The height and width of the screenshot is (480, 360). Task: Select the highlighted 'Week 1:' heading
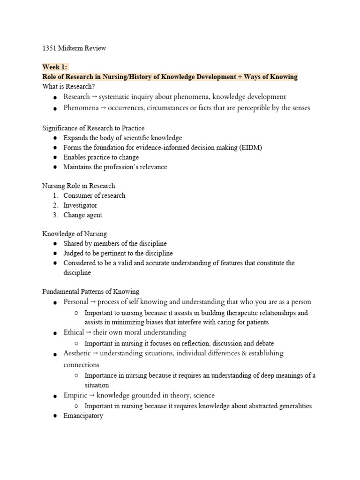coord(55,67)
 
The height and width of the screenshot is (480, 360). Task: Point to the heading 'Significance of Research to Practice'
coord(93,128)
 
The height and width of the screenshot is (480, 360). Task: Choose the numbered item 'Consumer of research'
coord(94,195)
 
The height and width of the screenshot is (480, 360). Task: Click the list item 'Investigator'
coord(80,205)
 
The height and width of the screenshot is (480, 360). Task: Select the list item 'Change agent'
coord(82,215)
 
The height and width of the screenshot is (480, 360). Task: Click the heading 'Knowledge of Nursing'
coord(75,234)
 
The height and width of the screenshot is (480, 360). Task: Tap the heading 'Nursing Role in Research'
coord(78,186)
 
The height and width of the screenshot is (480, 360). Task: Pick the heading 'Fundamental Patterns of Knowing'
coord(90,292)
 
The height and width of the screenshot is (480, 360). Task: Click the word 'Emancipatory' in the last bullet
coord(83,416)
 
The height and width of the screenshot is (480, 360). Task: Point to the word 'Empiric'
coord(75,396)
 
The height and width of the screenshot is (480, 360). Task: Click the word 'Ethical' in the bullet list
coord(74,332)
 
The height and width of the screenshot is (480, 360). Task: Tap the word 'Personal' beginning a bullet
coord(76,302)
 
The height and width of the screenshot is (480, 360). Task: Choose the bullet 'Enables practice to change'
coord(101,157)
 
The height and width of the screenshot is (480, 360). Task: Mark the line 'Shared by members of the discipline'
coord(115,244)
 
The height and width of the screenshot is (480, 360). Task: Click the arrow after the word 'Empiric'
coord(92,396)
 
